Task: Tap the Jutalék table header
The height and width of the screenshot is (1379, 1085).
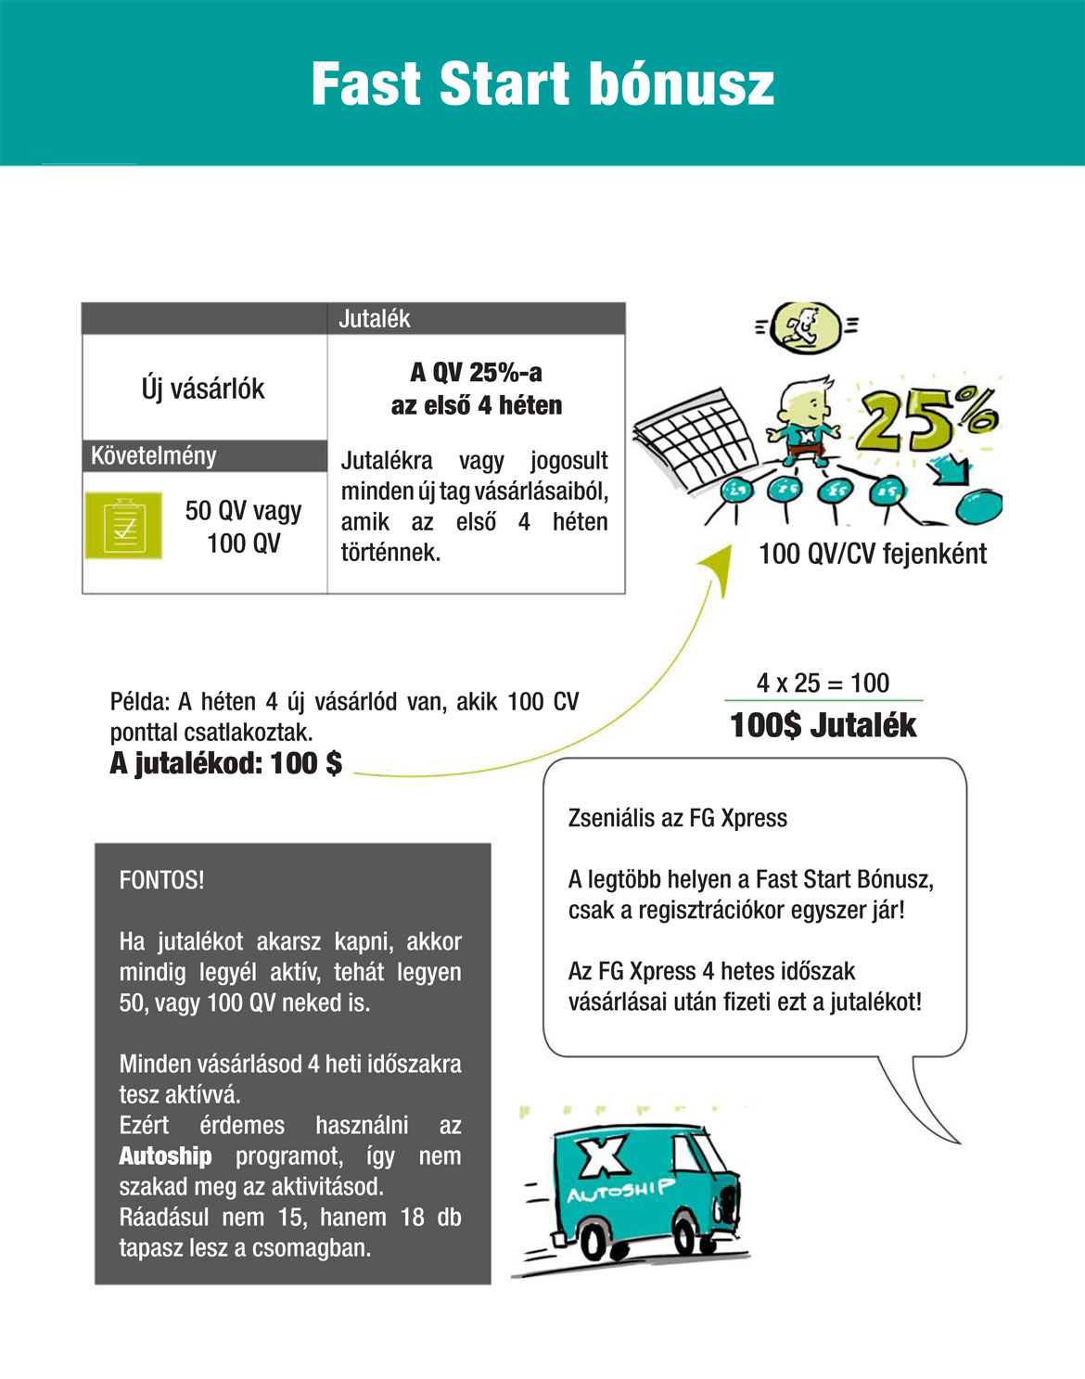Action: [x=375, y=319]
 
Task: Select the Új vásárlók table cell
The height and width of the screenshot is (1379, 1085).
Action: [x=203, y=389]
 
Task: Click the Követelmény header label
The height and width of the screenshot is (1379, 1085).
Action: [x=154, y=456]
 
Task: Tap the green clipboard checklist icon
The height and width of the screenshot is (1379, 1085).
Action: [x=123, y=526]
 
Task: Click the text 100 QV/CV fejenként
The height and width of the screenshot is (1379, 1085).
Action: [x=872, y=555]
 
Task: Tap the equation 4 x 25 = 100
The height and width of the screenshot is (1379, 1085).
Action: [x=823, y=683]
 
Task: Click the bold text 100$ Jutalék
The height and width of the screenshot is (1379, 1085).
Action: [x=823, y=725]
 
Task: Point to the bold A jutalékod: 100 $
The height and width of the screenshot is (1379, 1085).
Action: [x=226, y=763]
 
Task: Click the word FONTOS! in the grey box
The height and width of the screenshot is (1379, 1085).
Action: [x=162, y=880]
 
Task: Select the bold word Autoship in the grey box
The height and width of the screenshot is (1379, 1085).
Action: [x=165, y=1156]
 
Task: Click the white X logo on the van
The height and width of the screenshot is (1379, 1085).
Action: [x=604, y=1156]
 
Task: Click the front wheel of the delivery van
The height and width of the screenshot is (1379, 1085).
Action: [x=691, y=1238]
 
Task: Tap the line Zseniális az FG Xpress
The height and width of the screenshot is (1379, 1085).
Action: [x=678, y=818]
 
